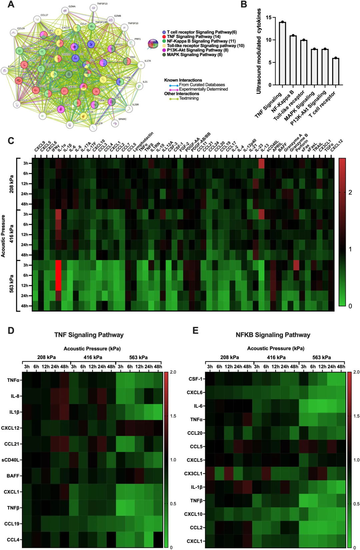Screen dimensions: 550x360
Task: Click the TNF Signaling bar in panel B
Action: (x=282, y=53)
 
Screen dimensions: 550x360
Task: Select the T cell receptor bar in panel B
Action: (x=336, y=71)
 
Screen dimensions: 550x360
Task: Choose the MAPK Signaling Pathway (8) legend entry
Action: (x=194, y=55)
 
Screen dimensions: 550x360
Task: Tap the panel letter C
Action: (x=11, y=141)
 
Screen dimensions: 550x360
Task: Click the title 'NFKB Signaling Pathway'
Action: (x=273, y=335)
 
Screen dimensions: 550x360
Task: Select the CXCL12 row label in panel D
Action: (x=10, y=428)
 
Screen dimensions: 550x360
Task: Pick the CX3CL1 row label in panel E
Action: (x=193, y=473)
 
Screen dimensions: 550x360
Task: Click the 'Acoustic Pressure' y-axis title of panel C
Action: (x=4, y=236)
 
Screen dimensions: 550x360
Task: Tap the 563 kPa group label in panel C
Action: (x=12, y=284)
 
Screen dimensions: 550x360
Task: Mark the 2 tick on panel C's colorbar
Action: (x=350, y=192)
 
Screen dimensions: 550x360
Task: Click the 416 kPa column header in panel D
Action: (x=93, y=357)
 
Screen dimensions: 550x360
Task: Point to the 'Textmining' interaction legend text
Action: (x=189, y=98)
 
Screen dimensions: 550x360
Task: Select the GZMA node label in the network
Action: (x=72, y=6)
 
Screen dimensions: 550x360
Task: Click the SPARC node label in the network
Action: (x=122, y=119)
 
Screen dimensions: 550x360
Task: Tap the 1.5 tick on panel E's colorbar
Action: (x=356, y=416)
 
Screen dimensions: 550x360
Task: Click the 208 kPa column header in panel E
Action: (x=229, y=357)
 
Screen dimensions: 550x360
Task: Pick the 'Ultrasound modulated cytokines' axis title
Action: (x=259, y=51)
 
